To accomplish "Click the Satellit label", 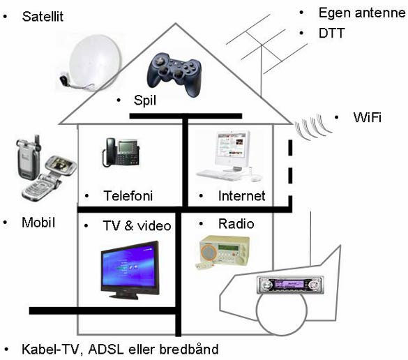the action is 43,17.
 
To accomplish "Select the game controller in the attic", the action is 174,75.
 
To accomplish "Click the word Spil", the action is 145,100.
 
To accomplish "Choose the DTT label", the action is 332,33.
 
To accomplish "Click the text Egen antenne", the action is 362,13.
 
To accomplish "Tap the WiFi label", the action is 368,117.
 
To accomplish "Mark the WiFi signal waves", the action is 312,126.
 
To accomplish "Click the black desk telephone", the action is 121,153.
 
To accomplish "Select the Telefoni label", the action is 128,196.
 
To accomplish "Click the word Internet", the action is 242,196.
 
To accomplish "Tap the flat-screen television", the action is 130,270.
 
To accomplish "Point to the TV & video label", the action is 137,225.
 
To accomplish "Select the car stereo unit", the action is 290,285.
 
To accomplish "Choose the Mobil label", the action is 38,223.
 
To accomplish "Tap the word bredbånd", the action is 189,349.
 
